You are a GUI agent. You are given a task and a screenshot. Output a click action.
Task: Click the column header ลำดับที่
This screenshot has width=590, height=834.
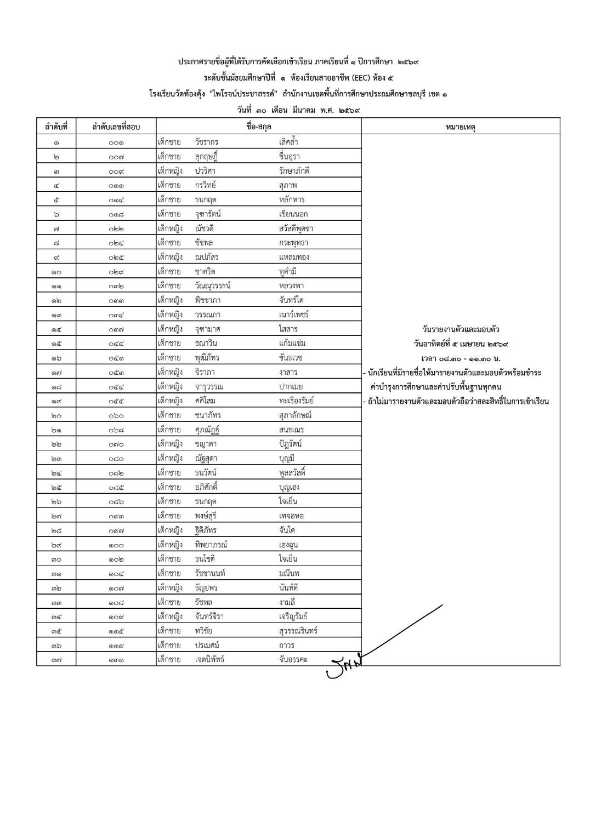coord(56,127)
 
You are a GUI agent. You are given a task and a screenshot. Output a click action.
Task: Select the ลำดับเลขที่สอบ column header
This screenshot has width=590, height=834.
coord(116,127)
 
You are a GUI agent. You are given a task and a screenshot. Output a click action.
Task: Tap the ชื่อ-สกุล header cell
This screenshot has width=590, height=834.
coord(259,127)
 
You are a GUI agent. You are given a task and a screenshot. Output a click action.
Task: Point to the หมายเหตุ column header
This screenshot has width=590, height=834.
coord(461,127)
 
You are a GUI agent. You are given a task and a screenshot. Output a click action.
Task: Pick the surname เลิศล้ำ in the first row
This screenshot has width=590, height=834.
coord(288,142)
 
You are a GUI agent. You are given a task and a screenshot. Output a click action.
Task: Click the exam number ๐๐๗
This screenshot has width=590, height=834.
coord(116,157)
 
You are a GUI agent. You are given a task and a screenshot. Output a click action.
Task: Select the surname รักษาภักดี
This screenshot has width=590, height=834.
coord(294,171)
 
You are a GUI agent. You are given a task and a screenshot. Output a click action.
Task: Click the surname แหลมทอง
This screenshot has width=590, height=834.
coord(294,257)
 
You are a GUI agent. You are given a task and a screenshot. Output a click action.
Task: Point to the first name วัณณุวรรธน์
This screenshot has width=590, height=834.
coord(213,285)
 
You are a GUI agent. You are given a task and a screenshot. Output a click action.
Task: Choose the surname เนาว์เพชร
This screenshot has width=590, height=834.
coord(294,315)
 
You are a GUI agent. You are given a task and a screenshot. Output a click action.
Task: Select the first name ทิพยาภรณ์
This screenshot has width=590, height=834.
coord(211,545)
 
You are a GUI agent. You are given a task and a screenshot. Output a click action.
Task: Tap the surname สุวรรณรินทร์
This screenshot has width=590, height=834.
coord(298,631)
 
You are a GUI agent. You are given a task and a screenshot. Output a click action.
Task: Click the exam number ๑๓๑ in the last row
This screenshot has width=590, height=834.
coord(116,660)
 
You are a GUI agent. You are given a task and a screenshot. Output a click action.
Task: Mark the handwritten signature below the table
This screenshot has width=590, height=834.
coord(344,665)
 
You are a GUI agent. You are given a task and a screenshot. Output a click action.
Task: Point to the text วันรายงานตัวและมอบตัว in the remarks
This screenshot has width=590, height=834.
coord(461,329)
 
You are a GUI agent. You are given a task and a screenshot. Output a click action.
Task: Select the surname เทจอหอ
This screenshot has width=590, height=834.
coord(291,516)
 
